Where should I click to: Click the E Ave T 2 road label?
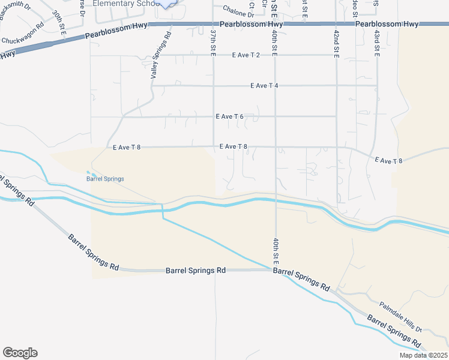pyautogui.click(x=246, y=55)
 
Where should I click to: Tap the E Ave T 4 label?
pyautogui.click(x=264, y=86)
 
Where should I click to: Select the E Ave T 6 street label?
pyautogui.click(x=229, y=116)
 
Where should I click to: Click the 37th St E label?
pyautogui.click(x=213, y=41)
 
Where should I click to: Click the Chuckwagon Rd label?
pyautogui.click(x=23, y=41)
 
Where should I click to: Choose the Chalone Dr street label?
pyautogui.click(x=235, y=10)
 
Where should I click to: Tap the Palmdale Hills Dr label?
pyautogui.click(x=400, y=317)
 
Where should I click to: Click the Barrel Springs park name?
pyautogui.click(x=105, y=179)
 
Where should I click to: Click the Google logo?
pyautogui.click(x=20, y=353)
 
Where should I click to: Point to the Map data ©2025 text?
pyautogui.click(x=423, y=355)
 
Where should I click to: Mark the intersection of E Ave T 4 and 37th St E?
pyautogui.click(x=214, y=86)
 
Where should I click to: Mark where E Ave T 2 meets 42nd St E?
pyautogui.click(x=336, y=55)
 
